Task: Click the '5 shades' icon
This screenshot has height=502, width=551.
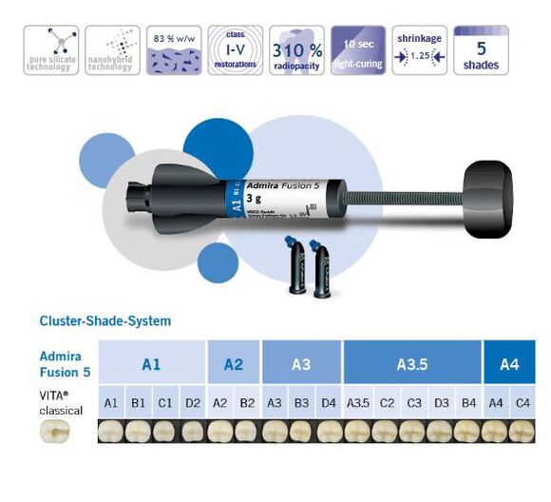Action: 482,50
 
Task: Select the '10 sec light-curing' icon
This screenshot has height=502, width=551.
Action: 358,50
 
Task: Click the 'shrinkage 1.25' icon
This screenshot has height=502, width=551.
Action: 420,50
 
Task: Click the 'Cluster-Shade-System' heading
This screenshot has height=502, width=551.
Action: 105,321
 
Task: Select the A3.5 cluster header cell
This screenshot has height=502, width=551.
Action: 412,363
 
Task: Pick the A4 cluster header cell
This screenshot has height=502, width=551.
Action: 508,363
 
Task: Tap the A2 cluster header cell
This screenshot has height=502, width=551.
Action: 234,363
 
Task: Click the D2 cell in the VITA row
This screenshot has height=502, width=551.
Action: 193,403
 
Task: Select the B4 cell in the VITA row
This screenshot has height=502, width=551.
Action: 468,403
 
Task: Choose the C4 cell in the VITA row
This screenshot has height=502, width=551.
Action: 522,403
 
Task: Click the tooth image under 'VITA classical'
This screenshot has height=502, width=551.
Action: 58,433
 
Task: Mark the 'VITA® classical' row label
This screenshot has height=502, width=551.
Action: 62,403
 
